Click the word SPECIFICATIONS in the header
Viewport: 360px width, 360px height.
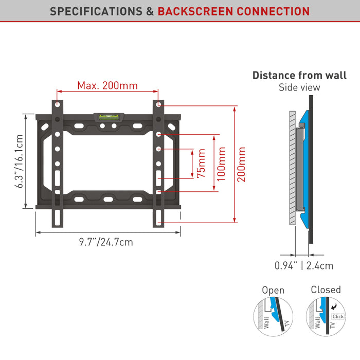(x=97, y=11)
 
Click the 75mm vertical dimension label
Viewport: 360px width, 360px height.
(x=201, y=164)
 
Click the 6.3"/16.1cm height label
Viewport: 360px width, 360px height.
(x=20, y=161)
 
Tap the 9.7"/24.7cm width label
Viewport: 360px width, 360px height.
(x=106, y=242)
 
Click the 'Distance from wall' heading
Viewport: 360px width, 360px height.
(x=299, y=76)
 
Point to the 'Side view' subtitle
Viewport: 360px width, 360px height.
(x=299, y=87)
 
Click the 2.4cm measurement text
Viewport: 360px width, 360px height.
(x=320, y=266)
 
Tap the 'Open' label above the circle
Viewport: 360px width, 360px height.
(x=273, y=291)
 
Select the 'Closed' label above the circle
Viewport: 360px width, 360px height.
(x=326, y=290)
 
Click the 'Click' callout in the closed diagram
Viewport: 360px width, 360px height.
(x=337, y=316)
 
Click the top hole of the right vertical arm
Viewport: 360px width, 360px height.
(x=159, y=105)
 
